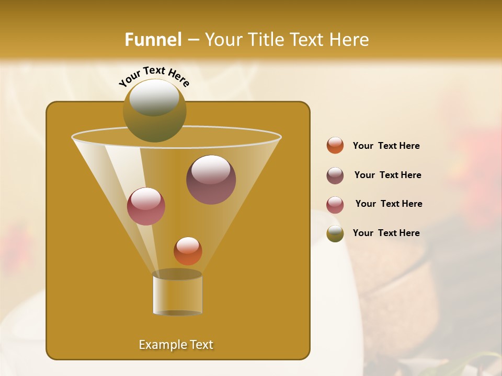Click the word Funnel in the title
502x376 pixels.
(153, 40)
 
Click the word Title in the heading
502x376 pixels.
(266, 40)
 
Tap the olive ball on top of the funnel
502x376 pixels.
(155, 110)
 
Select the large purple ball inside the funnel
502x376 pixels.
(211, 180)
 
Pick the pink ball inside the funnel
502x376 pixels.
(146, 206)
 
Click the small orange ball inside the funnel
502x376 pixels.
(188, 251)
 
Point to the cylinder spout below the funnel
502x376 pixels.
(177, 293)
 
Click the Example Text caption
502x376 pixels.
(176, 345)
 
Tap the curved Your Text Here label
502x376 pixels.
(154, 75)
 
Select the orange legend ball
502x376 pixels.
(335, 146)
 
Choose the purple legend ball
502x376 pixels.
(335, 175)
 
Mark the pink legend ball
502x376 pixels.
(335, 205)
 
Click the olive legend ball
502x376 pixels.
(335, 233)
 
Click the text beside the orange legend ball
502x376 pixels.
(386, 146)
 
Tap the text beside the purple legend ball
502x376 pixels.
(387, 175)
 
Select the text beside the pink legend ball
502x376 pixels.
(389, 204)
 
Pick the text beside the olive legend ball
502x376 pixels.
(386, 233)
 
